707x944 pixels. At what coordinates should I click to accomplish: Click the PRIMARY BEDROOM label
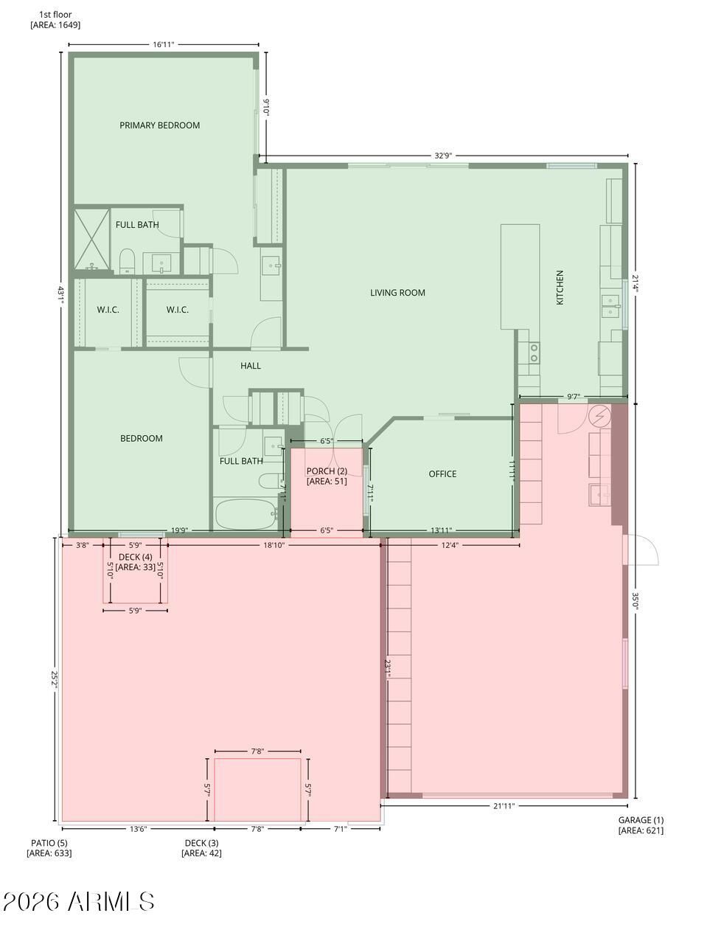(x=159, y=125)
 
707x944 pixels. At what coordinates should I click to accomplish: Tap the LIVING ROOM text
(x=397, y=293)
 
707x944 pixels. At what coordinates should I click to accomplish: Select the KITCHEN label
(x=560, y=288)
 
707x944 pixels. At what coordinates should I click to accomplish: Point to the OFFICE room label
(x=442, y=473)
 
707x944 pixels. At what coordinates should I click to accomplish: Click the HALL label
(x=250, y=366)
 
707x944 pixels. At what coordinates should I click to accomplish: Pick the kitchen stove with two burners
(x=534, y=353)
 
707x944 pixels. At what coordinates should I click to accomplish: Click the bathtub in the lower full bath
(x=245, y=514)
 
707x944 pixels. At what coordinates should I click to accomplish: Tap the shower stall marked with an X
(x=92, y=240)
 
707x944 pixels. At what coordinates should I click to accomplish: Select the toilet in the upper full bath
(x=127, y=260)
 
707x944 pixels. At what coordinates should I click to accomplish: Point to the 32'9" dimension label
(x=442, y=156)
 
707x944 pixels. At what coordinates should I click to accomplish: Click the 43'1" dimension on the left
(x=61, y=295)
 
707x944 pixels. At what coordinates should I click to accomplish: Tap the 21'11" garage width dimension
(x=504, y=805)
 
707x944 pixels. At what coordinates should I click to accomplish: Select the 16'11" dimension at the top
(x=164, y=44)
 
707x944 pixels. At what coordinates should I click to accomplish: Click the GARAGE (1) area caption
(x=641, y=825)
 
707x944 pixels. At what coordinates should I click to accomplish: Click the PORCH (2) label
(x=327, y=471)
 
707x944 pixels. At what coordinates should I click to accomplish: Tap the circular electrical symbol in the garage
(x=599, y=416)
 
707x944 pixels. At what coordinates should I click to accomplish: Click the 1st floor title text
(x=55, y=15)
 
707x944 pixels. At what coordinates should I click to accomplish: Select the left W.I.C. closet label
(x=108, y=310)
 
